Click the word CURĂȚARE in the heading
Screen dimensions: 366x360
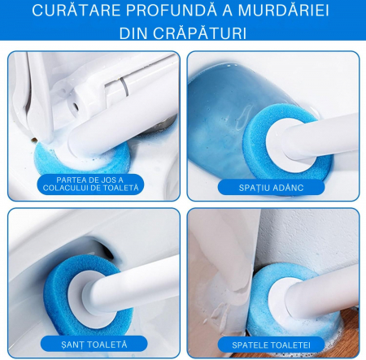[x=76, y=11]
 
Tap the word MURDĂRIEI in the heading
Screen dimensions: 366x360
[x=283, y=11]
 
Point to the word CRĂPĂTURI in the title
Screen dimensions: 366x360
[x=200, y=33]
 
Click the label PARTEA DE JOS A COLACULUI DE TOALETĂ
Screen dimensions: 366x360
[x=90, y=184]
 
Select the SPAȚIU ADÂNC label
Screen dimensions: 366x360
[x=271, y=188]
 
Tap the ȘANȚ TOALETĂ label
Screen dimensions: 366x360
[x=94, y=345]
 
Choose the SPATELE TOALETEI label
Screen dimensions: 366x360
[x=271, y=345]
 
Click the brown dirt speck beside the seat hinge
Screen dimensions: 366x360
[x=34, y=140]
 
